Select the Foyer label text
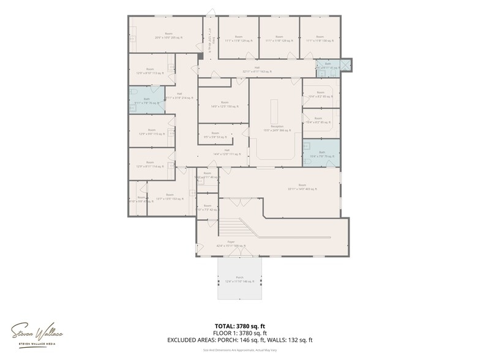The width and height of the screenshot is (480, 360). (231, 244)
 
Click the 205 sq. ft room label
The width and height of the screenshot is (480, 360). (168, 36)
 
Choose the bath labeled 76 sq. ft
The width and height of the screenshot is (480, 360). (146, 101)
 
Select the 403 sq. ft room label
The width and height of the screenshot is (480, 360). (302, 187)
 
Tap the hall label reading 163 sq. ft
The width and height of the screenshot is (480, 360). (257, 70)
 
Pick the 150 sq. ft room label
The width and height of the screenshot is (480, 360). (224, 104)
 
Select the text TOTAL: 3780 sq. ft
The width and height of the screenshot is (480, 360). (239, 326)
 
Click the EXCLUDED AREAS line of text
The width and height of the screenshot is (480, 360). (239, 340)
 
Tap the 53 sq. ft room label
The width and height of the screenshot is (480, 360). (215, 135)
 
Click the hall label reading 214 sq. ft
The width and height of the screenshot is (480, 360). (179, 96)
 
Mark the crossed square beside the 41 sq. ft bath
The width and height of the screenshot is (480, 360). (346, 64)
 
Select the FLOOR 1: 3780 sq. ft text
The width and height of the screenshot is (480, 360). (239, 332)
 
